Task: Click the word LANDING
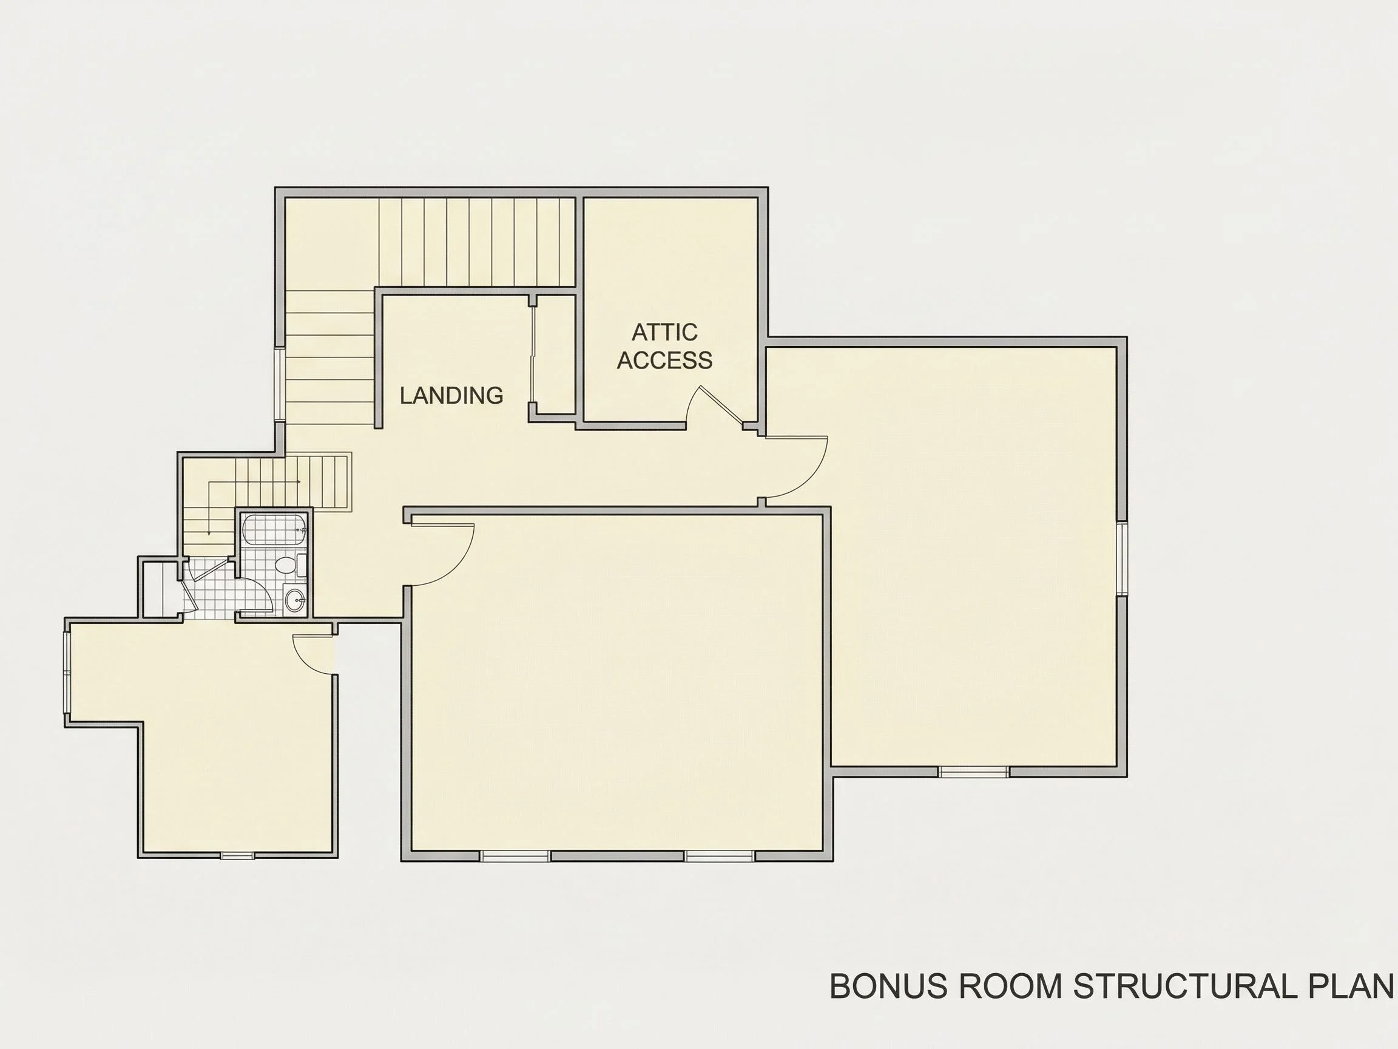[451, 395]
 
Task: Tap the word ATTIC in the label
[664, 332]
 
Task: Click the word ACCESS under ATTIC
[664, 360]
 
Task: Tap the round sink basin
[294, 599]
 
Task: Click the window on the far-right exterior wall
[1122, 558]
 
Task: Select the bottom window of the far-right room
[973, 772]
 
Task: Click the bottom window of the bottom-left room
[237, 855]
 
